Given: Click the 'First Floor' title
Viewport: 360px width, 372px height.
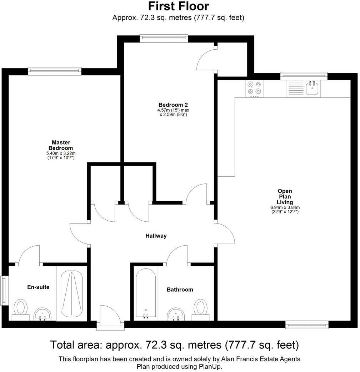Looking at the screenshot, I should pos(178,6).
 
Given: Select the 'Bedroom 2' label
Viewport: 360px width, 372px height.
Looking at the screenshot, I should pos(173,105).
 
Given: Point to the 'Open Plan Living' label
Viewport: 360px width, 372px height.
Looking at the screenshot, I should pos(285,196).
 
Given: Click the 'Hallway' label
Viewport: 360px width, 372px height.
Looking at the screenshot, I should pos(156,236).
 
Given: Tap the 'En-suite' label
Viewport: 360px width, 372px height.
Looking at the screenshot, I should pos(38,287).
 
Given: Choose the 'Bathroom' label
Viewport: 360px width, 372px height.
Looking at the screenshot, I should pos(180,290).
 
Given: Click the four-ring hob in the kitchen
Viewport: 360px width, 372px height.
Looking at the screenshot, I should pos(254,89).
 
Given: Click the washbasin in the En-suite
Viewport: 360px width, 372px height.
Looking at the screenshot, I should pos(43,315).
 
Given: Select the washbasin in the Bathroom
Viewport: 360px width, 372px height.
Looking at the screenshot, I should pos(175,314).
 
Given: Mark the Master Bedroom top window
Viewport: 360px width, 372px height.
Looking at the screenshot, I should pos(55,71).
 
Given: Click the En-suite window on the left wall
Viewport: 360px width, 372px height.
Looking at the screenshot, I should pos(4,290).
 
